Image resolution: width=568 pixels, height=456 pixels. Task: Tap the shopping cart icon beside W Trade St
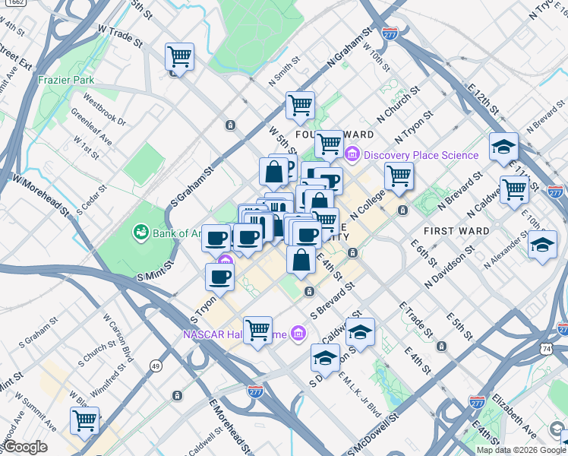179,56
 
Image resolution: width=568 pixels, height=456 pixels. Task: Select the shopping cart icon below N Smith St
300,105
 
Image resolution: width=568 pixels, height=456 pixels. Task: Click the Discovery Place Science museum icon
352,155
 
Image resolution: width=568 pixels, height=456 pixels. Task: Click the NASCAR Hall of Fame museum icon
298,334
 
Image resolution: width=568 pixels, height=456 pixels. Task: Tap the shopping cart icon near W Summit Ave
84,420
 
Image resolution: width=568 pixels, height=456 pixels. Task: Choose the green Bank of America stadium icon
140,231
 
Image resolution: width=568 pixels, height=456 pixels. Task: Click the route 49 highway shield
156,366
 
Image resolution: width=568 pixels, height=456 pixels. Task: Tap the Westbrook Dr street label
105,109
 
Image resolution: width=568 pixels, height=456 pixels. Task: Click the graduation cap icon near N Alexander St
542,245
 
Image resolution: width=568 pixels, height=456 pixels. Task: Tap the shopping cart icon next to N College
399,176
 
